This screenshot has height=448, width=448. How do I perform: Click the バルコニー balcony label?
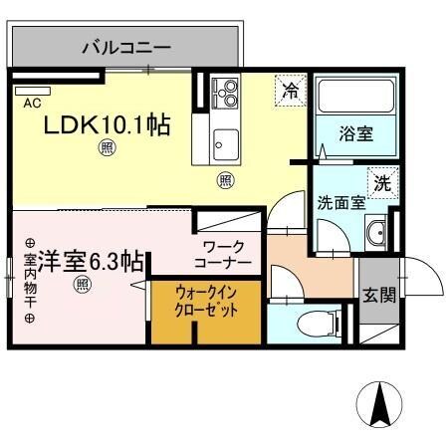(x=125, y=46)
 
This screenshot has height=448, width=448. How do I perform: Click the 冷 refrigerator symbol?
(x=290, y=91)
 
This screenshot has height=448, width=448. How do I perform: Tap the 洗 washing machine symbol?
(x=381, y=183)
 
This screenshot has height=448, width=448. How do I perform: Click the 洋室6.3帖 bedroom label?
(x=84, y=262)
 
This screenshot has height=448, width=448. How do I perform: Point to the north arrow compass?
(x=378, y=406)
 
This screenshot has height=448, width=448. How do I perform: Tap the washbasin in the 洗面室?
(x=376, y=235)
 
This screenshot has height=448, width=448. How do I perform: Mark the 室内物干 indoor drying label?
(x=29, y=280)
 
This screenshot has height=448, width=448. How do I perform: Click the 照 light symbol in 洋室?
(x=83, y=286)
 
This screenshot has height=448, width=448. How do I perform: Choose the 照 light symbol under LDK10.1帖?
(x=106, y=150)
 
